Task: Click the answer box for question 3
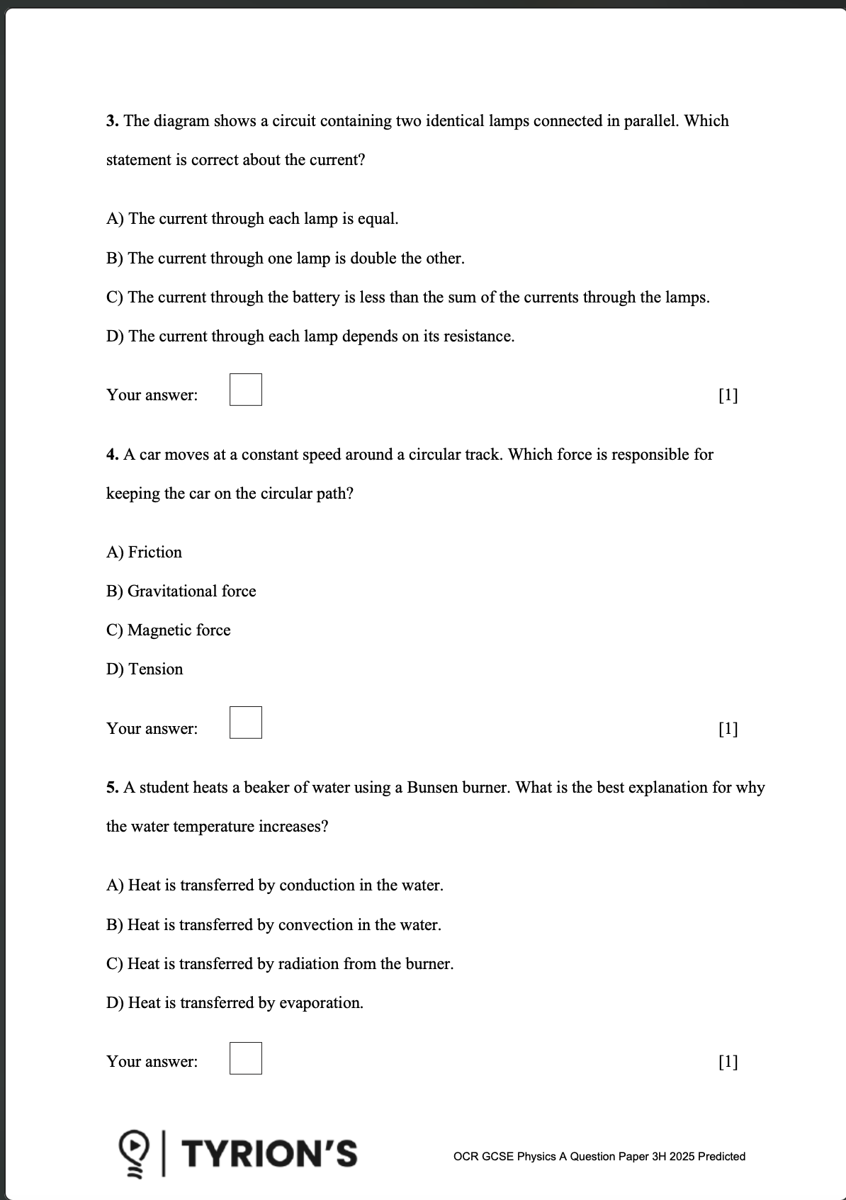tap(245, 390)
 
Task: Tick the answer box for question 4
tap(245, 723)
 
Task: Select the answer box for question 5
tap(245, 1058)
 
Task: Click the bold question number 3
tap(112, 121)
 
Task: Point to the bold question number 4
tap(112, 455)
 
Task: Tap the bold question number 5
tap(112, 788)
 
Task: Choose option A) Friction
tap(144, 553)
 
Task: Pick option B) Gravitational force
tap(181, 591)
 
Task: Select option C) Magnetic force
tap(168, 630)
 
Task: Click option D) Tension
tap(145, 669)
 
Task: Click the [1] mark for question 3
tap(728, 395)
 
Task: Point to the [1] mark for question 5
tap(728, 1062)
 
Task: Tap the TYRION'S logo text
tap(271, 1153)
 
